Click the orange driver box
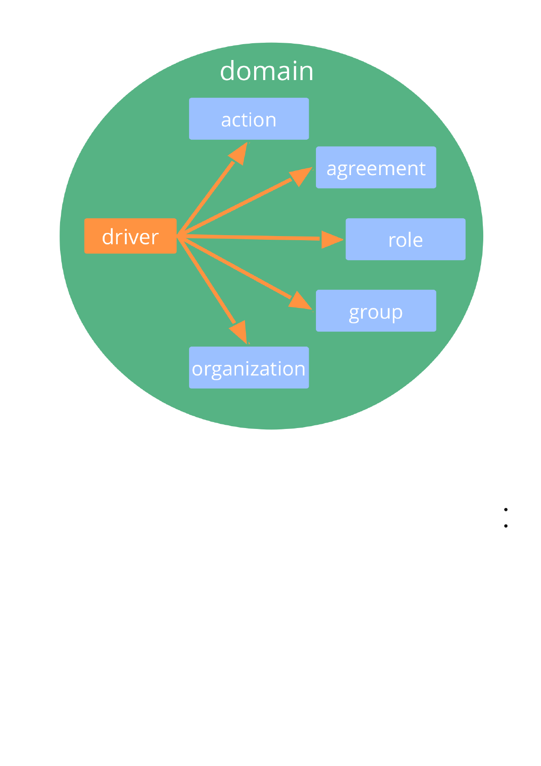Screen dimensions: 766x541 (x=130, y=236)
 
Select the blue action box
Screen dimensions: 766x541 (x=249, y=118)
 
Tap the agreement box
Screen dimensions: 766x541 (x=376, y=167)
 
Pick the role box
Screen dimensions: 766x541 (x=405, y=239)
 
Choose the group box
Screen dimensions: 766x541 (x=376, y=310)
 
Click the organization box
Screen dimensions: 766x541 (x=249, y=367)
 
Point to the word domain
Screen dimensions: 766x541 (x=267, y=71)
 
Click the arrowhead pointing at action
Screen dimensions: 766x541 (x=240, y=153)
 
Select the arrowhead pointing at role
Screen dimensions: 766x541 (x=331, y=239)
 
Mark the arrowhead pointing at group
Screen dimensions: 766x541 (x=300, y=301)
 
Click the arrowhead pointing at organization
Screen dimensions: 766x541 (x=240, y=332)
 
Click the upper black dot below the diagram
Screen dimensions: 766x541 (x=506, y=509)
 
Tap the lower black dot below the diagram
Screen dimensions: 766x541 (x=506, y=526)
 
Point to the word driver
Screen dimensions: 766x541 (x=130, y=237)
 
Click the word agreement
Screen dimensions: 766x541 (x=376, y=169)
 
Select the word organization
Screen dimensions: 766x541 (x=249, y=369)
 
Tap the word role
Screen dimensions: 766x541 (x=406, y=240)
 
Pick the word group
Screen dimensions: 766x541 (x=376, y=312)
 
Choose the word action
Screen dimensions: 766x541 (x=249, y=120)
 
